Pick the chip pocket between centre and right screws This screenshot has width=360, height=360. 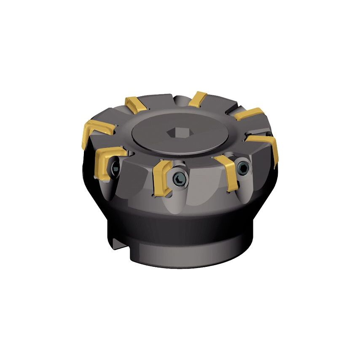(x=207, y=185)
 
